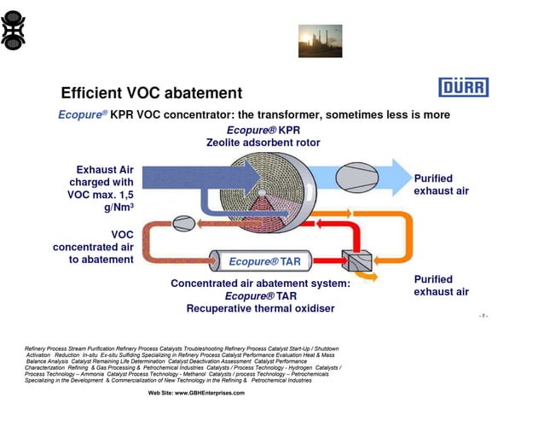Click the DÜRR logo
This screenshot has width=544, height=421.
pos(463,87)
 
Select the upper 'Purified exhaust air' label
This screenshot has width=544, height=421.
pos(441,184)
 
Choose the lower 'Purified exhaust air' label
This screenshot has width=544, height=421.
pos(441,285)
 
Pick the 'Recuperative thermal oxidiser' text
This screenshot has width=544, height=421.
pos(260,308)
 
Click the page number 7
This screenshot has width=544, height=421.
pos(483,316)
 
